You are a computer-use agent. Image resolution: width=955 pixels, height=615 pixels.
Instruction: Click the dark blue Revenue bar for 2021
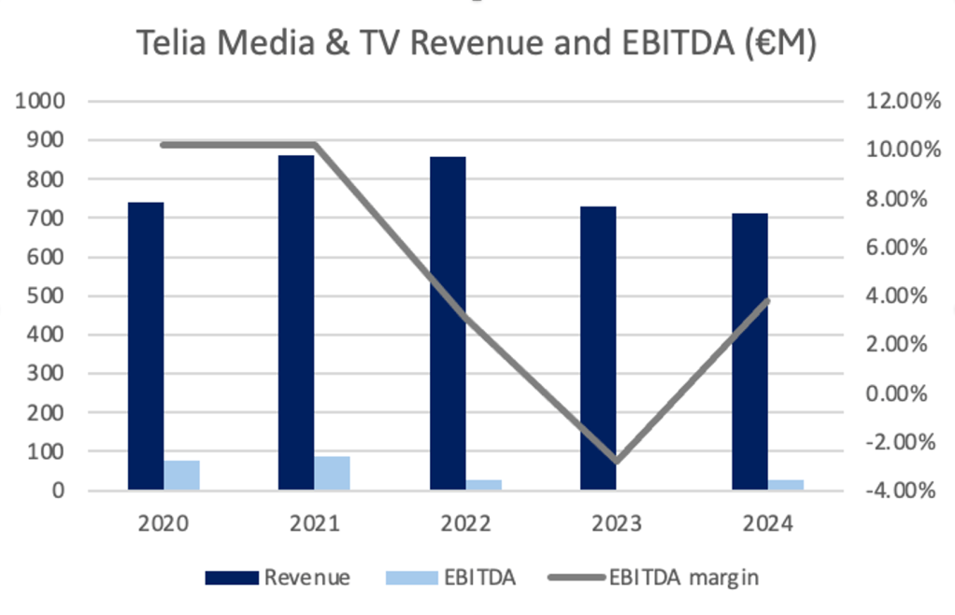[296, 322]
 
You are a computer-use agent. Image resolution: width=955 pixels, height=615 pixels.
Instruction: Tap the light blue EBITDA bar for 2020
[181, 474]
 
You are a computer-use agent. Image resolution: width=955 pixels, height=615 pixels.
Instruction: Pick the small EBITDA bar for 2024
[786, 483]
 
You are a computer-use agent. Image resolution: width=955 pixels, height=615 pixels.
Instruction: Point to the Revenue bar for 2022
[448, 322]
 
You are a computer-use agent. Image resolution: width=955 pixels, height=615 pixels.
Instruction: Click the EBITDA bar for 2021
[332, 472]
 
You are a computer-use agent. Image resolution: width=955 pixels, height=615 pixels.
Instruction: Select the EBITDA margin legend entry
[683, 577]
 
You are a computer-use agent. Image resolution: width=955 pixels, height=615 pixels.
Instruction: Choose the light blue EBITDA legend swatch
[411, 578]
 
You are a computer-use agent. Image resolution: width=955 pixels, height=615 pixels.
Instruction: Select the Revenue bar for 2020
[146, 345]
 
